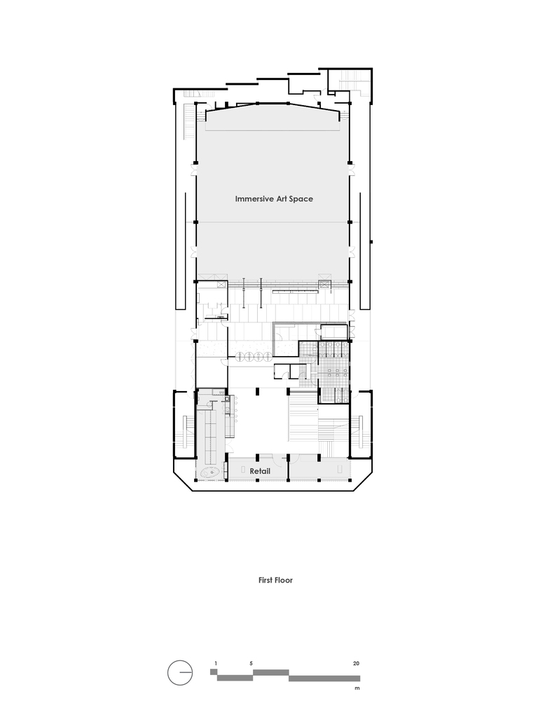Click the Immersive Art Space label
(273, 199)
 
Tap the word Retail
(260, 472)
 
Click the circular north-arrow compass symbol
(180, 673)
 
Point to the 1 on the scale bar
(216, 662)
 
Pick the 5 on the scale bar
(250, 662)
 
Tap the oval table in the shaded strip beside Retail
(210, 474)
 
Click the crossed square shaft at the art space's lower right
(323, 284)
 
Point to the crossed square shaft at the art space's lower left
(221, 284)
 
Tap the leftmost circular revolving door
(242, 357)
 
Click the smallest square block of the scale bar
(214, 672)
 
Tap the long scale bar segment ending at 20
(324, 679)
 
